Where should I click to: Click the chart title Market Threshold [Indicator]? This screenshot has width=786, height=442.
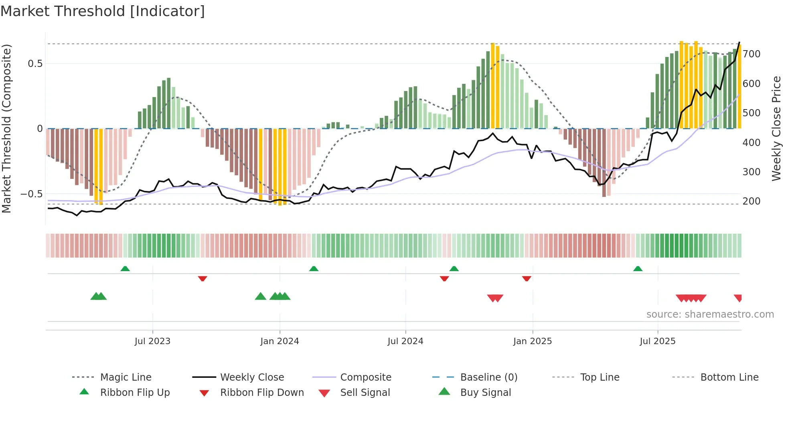pos(103,11)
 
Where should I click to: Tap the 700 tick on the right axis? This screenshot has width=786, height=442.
pos(751,54)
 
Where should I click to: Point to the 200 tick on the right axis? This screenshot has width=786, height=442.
pos(751,201)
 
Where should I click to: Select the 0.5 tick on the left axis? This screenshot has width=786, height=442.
pos(35,64)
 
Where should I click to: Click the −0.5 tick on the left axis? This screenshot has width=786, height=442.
pos(32,194)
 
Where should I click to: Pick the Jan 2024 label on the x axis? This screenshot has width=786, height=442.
pos(280,341)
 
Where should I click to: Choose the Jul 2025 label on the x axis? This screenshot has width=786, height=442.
pos(657,341)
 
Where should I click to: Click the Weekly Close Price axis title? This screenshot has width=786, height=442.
pos(776,128)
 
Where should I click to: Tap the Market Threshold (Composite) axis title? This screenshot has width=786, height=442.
pos(6,128)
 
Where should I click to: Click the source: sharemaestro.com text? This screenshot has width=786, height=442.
pos(710,314)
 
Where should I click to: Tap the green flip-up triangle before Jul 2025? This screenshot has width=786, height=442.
pos(638,269)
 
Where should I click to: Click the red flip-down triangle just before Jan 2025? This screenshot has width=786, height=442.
pos(527,278)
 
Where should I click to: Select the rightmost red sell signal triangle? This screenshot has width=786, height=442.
pos(738,298)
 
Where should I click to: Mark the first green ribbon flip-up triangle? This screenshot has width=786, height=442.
pos(125,269)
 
